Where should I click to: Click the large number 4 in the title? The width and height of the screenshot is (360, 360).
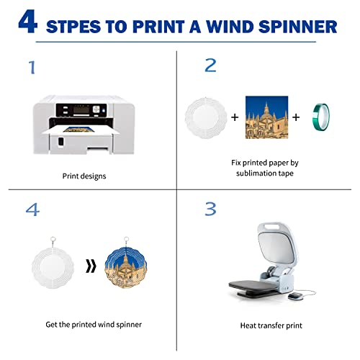pyautogui.click(x=28, y=23)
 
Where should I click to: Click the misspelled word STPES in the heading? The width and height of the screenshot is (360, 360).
pyautogui.click(x=77, y=27)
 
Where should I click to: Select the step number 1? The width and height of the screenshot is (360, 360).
pyautogui.click(x=31, y=68)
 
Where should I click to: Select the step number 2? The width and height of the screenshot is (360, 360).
pyautogui.click(x=210, y=66)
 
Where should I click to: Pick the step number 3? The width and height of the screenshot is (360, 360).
pyautogui.click(x=210, y=209)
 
